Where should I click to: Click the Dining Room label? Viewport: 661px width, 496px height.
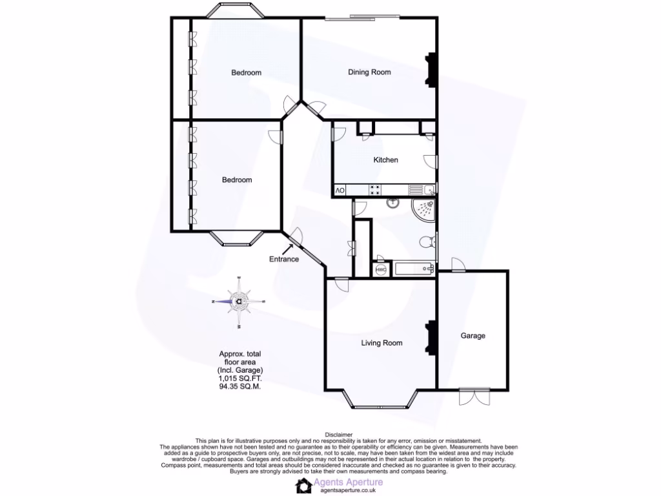pos(369,72)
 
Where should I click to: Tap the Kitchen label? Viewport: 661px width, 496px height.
pos(386,160)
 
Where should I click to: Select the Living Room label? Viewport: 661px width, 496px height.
pos(381,343)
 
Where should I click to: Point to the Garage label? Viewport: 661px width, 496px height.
pos(473,336)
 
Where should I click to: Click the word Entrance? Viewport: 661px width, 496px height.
pos(284,260)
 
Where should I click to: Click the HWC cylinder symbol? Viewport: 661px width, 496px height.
pos(381,269)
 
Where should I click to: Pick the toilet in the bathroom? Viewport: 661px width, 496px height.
pos(427,242)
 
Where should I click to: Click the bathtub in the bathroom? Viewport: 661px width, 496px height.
pos(413,269)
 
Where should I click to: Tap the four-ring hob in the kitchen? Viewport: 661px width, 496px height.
pos(374,190)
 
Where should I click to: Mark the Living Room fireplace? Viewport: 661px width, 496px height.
pos(431,336)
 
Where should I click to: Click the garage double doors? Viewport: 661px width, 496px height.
pos(472,396)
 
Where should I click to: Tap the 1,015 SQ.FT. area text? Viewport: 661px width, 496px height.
pos(241,378)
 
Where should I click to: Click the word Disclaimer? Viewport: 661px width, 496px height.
pos(338,435)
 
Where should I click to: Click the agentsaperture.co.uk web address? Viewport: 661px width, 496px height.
pos(348,490)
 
